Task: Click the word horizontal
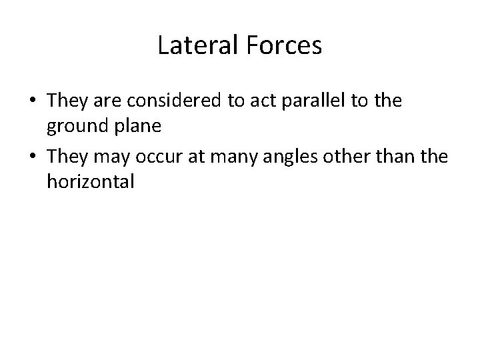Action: [91, 182]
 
